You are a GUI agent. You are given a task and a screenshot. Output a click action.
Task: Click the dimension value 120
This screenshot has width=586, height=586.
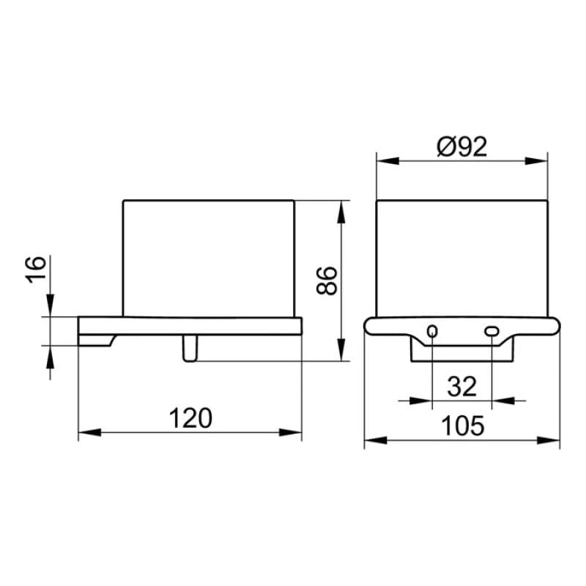(190, 418)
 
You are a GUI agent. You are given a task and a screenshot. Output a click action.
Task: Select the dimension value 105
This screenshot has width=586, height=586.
(463, 426)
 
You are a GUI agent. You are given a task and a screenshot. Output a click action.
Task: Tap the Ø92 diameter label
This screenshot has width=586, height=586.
(462, 146)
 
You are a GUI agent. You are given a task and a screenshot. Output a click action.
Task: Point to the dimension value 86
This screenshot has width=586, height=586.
(327, 281)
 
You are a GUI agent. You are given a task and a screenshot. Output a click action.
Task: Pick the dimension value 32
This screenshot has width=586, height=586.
(462, 386)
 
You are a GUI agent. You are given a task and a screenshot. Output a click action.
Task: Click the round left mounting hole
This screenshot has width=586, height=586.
(432, 331)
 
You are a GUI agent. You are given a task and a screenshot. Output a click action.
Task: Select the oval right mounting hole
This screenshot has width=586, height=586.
(491, 331)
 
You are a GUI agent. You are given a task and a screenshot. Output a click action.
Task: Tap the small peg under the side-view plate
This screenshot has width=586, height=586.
(190, 349)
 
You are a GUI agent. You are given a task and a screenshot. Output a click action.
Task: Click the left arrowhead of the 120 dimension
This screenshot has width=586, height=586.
(89, 433)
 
